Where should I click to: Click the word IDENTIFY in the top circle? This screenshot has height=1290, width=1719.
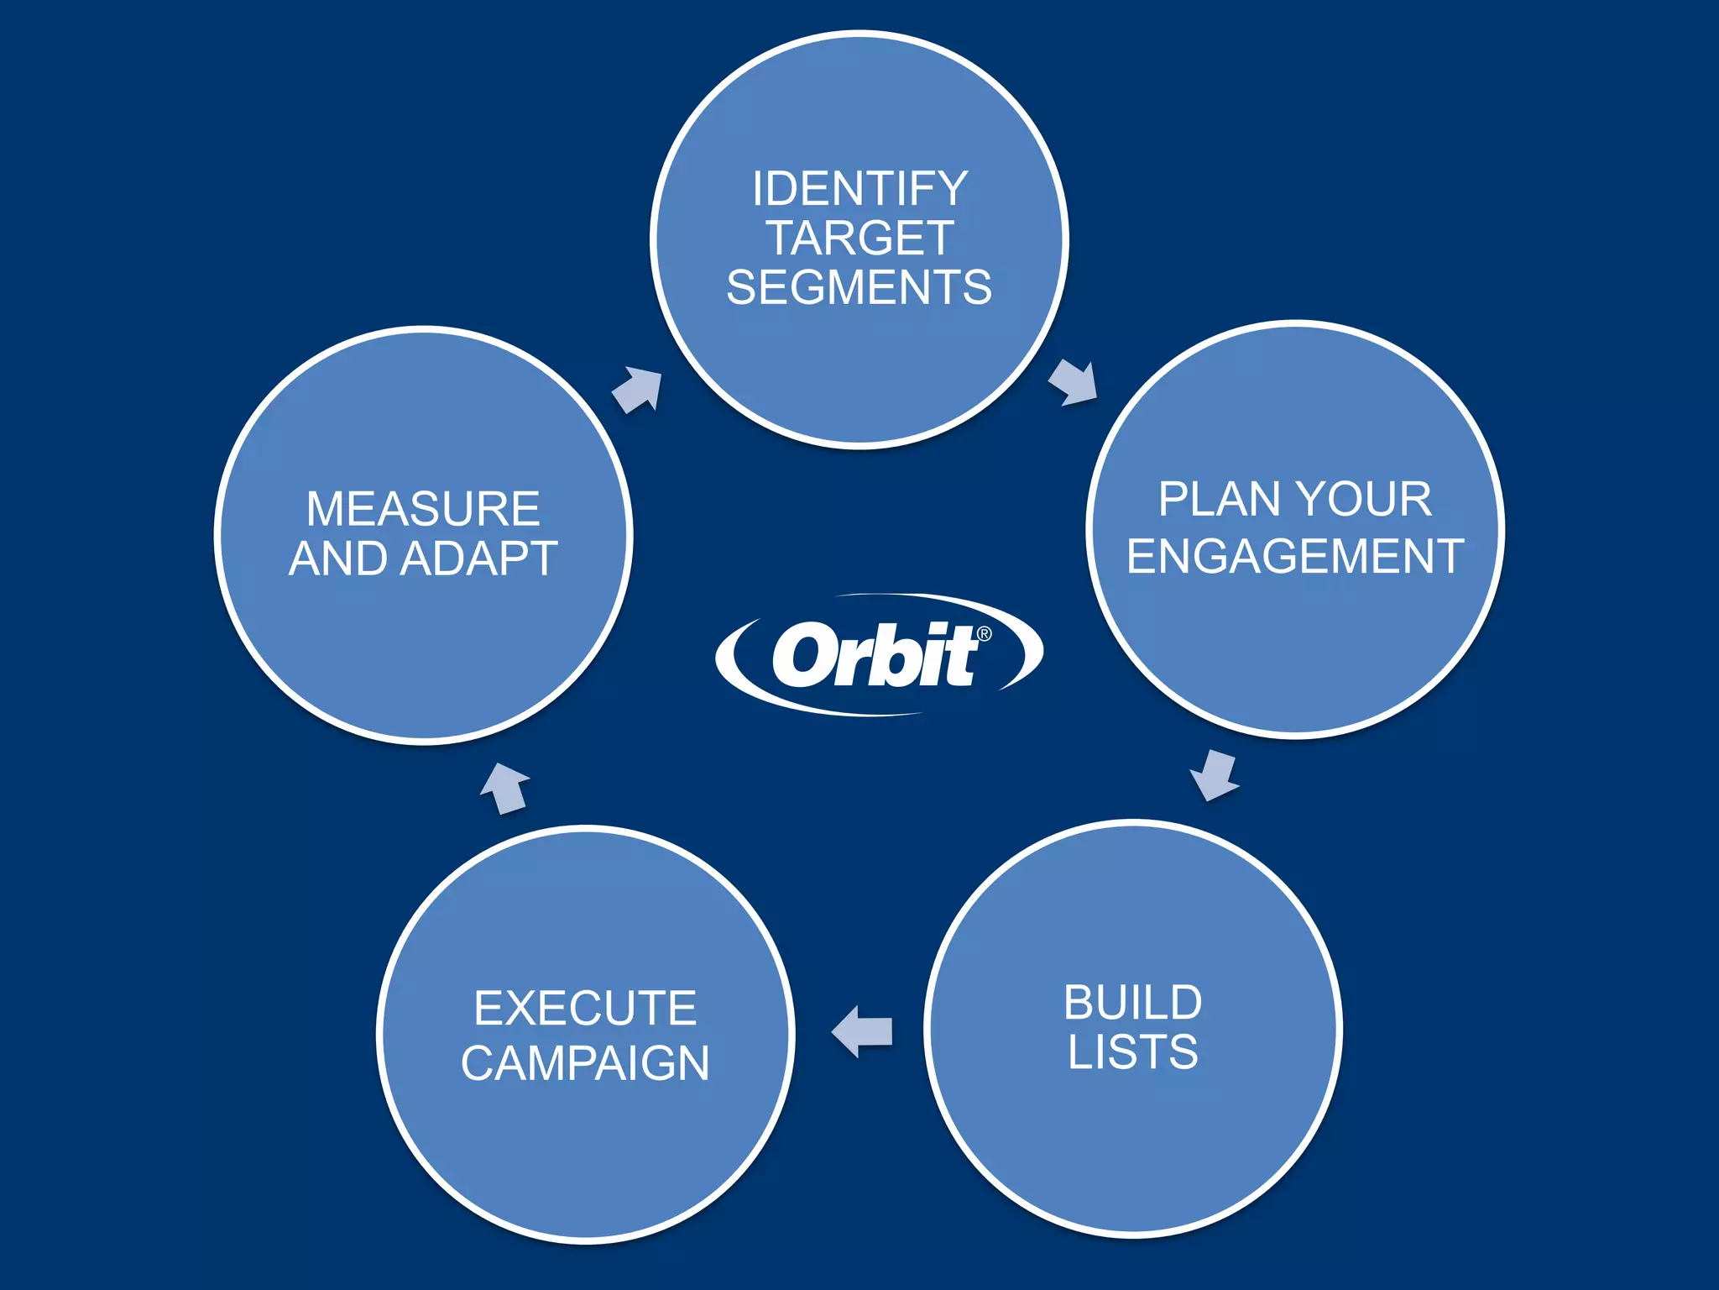click(859, 188)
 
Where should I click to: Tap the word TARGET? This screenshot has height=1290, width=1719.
click(859, 238)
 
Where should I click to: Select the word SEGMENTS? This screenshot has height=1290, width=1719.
click(859, 287)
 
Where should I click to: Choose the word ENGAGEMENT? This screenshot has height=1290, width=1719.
click(1295, 556)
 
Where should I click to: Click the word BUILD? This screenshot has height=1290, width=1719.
click(1133, 1003)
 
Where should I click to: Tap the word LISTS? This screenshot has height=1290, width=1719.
click(1133, 1052)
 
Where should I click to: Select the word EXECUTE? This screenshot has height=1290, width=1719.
click(585, 1008)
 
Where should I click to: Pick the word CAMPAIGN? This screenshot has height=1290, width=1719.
click(585, 1063)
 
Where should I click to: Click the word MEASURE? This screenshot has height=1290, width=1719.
click(423, 509)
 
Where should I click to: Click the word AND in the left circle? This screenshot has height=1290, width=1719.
click(339, 558)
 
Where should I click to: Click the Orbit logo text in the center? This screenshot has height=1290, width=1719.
click(873, 655)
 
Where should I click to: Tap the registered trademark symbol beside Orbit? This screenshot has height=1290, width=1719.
click(984, 634)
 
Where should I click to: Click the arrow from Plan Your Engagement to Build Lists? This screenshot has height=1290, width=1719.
click(1215, 774)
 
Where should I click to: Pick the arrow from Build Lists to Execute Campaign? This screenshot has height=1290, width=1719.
click(862, 1031)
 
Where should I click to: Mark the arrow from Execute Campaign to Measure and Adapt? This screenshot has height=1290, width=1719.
click(505, 788)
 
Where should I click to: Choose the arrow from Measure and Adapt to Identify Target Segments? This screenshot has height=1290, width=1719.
click(638, 389)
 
